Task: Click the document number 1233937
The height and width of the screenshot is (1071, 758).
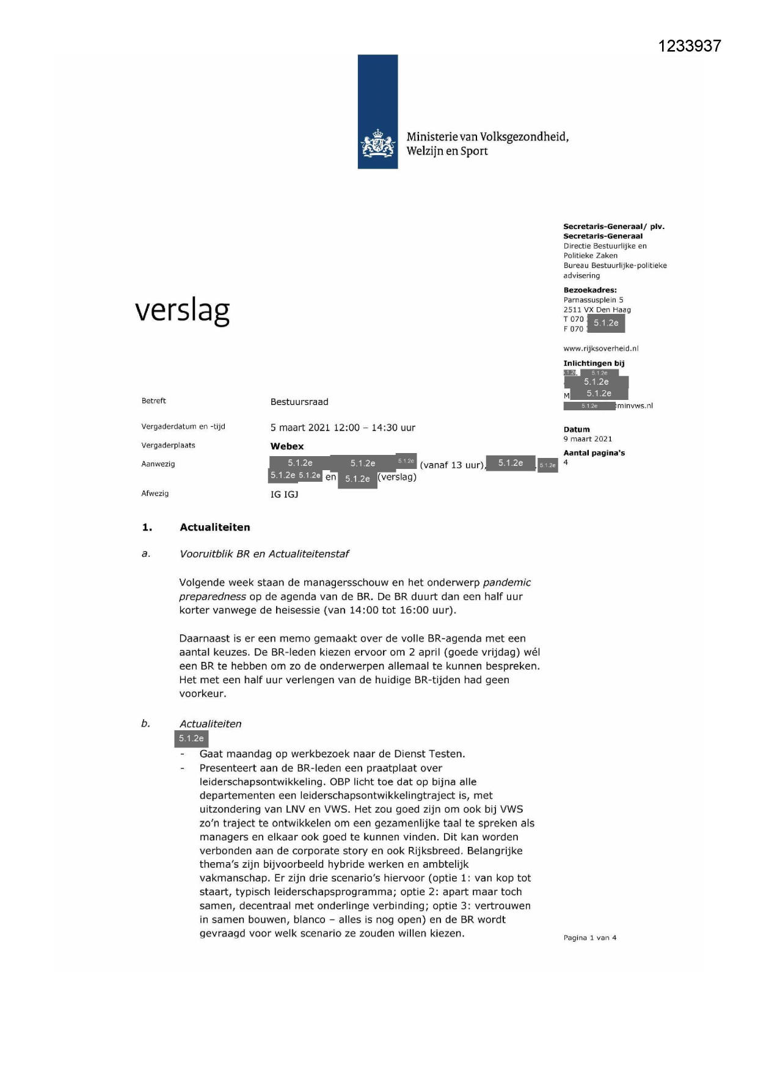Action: [x=690, y=46]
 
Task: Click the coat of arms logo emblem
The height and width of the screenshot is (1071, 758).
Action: [x=378, y=145]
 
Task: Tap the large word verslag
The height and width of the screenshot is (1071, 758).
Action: [x=182, y=311]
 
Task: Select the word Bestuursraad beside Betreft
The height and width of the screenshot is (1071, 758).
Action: [x=299, y=402]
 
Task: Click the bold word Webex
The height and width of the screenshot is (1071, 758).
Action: [x=287, y=446]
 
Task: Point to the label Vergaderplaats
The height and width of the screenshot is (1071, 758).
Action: [x=168, y=445]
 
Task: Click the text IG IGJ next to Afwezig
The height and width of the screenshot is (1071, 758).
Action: [x=285, y=495]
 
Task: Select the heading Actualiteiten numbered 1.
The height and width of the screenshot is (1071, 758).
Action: [x=214, y=527]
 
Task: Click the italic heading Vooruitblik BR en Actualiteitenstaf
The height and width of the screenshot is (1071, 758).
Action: [x=264, y=554]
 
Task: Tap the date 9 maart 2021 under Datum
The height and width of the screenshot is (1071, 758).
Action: [x=587, y=439]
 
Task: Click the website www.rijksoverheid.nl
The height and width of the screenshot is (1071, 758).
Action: [x=600, y=349]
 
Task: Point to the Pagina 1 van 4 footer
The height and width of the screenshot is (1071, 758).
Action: [x=589, y=938]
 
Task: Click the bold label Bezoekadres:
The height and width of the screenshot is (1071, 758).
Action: [x=589, y=290]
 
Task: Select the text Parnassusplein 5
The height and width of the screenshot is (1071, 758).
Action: [x=593, y=300]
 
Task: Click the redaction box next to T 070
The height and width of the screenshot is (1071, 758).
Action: [x=605, y=323]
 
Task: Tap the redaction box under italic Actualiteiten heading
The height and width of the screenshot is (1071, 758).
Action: [x=191, y=739]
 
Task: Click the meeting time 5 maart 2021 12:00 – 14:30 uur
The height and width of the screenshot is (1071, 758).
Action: [x=343, y=428]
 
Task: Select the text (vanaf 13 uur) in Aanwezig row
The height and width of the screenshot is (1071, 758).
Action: [x=452, y=465]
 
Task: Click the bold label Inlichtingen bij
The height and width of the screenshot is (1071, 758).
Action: [x=593, y=363]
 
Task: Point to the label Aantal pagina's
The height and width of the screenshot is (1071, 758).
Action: [x=594, y=453]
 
